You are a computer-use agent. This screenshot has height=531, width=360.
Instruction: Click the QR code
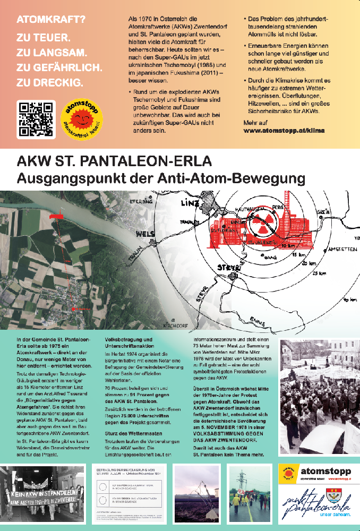tap(36, 119)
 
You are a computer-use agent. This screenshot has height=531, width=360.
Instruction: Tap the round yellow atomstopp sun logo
tap(82, 119)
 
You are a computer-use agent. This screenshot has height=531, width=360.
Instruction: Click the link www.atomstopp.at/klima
tap(284, 130)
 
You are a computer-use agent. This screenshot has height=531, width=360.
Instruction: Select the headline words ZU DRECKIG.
tap(49, 82)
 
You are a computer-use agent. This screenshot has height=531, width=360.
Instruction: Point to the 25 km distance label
tap(319, 273)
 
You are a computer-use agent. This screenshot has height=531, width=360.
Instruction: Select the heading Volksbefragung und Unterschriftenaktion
tap(130, 342)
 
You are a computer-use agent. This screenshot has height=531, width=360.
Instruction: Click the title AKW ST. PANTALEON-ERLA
tap(114, 160)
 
